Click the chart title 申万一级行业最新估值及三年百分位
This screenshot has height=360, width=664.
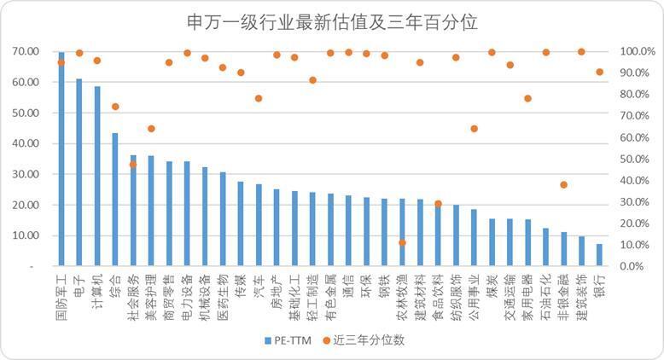pyautogui.click(x=332, y=20)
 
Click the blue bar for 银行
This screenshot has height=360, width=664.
pyautogui.click(x=599, y=255)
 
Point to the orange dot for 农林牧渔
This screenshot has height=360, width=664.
pyautogui.click(x=402, y=243)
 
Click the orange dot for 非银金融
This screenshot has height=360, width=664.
pyautogui.click(x=563, y=185)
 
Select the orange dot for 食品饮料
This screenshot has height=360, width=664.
pyautogui.click(x=438, y=204)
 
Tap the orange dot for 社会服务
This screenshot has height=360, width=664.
pyautogui.click(x=132, y=165)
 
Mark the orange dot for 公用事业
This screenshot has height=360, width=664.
pyautogui.click(x=474, y=129)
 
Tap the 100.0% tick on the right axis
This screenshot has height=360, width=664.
pyautogui.click(x=637, y=51)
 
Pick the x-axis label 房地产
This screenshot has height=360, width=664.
pyautogui.click(x=277, y=287)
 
